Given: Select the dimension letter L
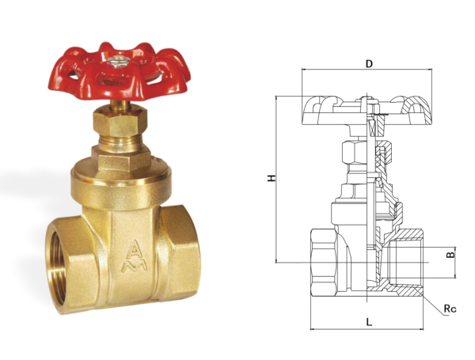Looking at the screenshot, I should [369, 320].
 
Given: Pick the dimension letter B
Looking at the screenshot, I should [450, 255].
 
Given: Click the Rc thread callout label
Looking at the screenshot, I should [449, 309].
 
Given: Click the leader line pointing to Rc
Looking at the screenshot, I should [431, 301].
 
